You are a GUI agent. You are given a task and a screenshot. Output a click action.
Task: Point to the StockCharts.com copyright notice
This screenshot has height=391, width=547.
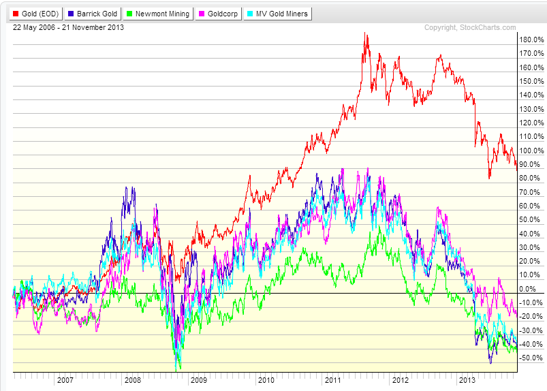click(470, 27)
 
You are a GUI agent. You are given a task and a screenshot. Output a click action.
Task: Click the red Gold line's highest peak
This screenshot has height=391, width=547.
click(366, 34)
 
